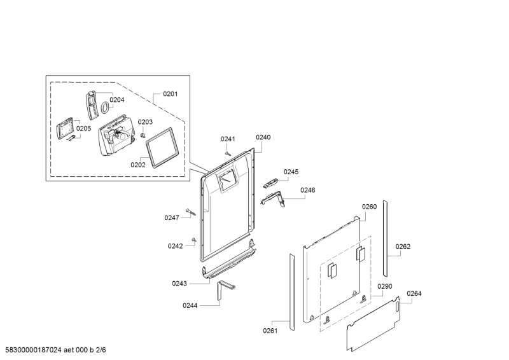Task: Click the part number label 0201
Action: [170, 94]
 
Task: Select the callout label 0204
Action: [116, 100]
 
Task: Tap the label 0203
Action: [145, 122]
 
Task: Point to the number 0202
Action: [138, 164]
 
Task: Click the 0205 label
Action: [84, 128]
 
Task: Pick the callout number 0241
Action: [228, 139]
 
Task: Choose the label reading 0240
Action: [263, 137]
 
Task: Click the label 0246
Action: [308, 190]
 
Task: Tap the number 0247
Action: [172, 218]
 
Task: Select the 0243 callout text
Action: [179, 283]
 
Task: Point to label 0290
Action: [384, 287]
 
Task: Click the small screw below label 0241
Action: [227, 151]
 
